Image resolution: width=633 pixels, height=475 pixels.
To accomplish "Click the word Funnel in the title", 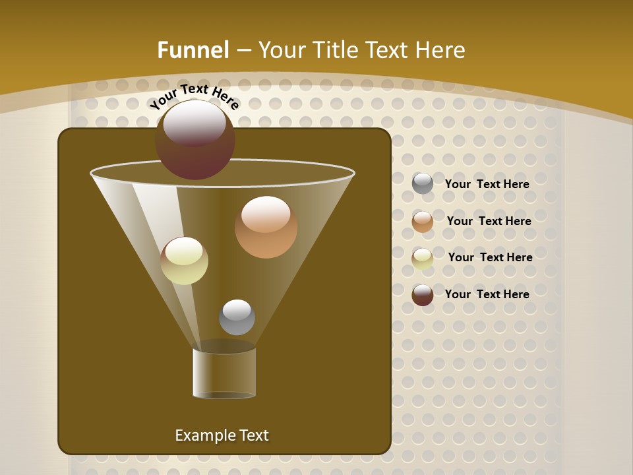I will (193, 50).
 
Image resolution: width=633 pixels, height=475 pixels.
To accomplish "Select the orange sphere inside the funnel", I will (266, 228).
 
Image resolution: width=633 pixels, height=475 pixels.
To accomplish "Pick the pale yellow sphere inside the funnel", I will (184, 261).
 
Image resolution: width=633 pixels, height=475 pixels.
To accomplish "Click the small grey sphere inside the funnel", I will (237, 317).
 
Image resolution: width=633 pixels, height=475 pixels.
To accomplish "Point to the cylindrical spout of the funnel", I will (224, 373).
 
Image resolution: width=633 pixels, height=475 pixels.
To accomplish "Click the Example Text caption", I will (222, 435).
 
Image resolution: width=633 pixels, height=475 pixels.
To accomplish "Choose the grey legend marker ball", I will (423, 183).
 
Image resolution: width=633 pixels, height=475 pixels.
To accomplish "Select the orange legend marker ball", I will (423, 222).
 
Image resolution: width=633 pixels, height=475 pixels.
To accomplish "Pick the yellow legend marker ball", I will (423, 258).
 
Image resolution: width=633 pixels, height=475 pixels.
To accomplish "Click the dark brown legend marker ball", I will (423, 295).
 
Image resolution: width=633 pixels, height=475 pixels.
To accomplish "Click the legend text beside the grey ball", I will (487, 184).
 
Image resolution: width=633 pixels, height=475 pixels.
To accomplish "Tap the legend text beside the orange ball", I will (489, 221).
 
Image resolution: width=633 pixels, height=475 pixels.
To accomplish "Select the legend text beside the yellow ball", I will (490, 257).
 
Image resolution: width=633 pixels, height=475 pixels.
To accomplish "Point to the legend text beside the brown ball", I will (487, 294).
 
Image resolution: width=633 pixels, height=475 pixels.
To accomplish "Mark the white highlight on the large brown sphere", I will (195, 122).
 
